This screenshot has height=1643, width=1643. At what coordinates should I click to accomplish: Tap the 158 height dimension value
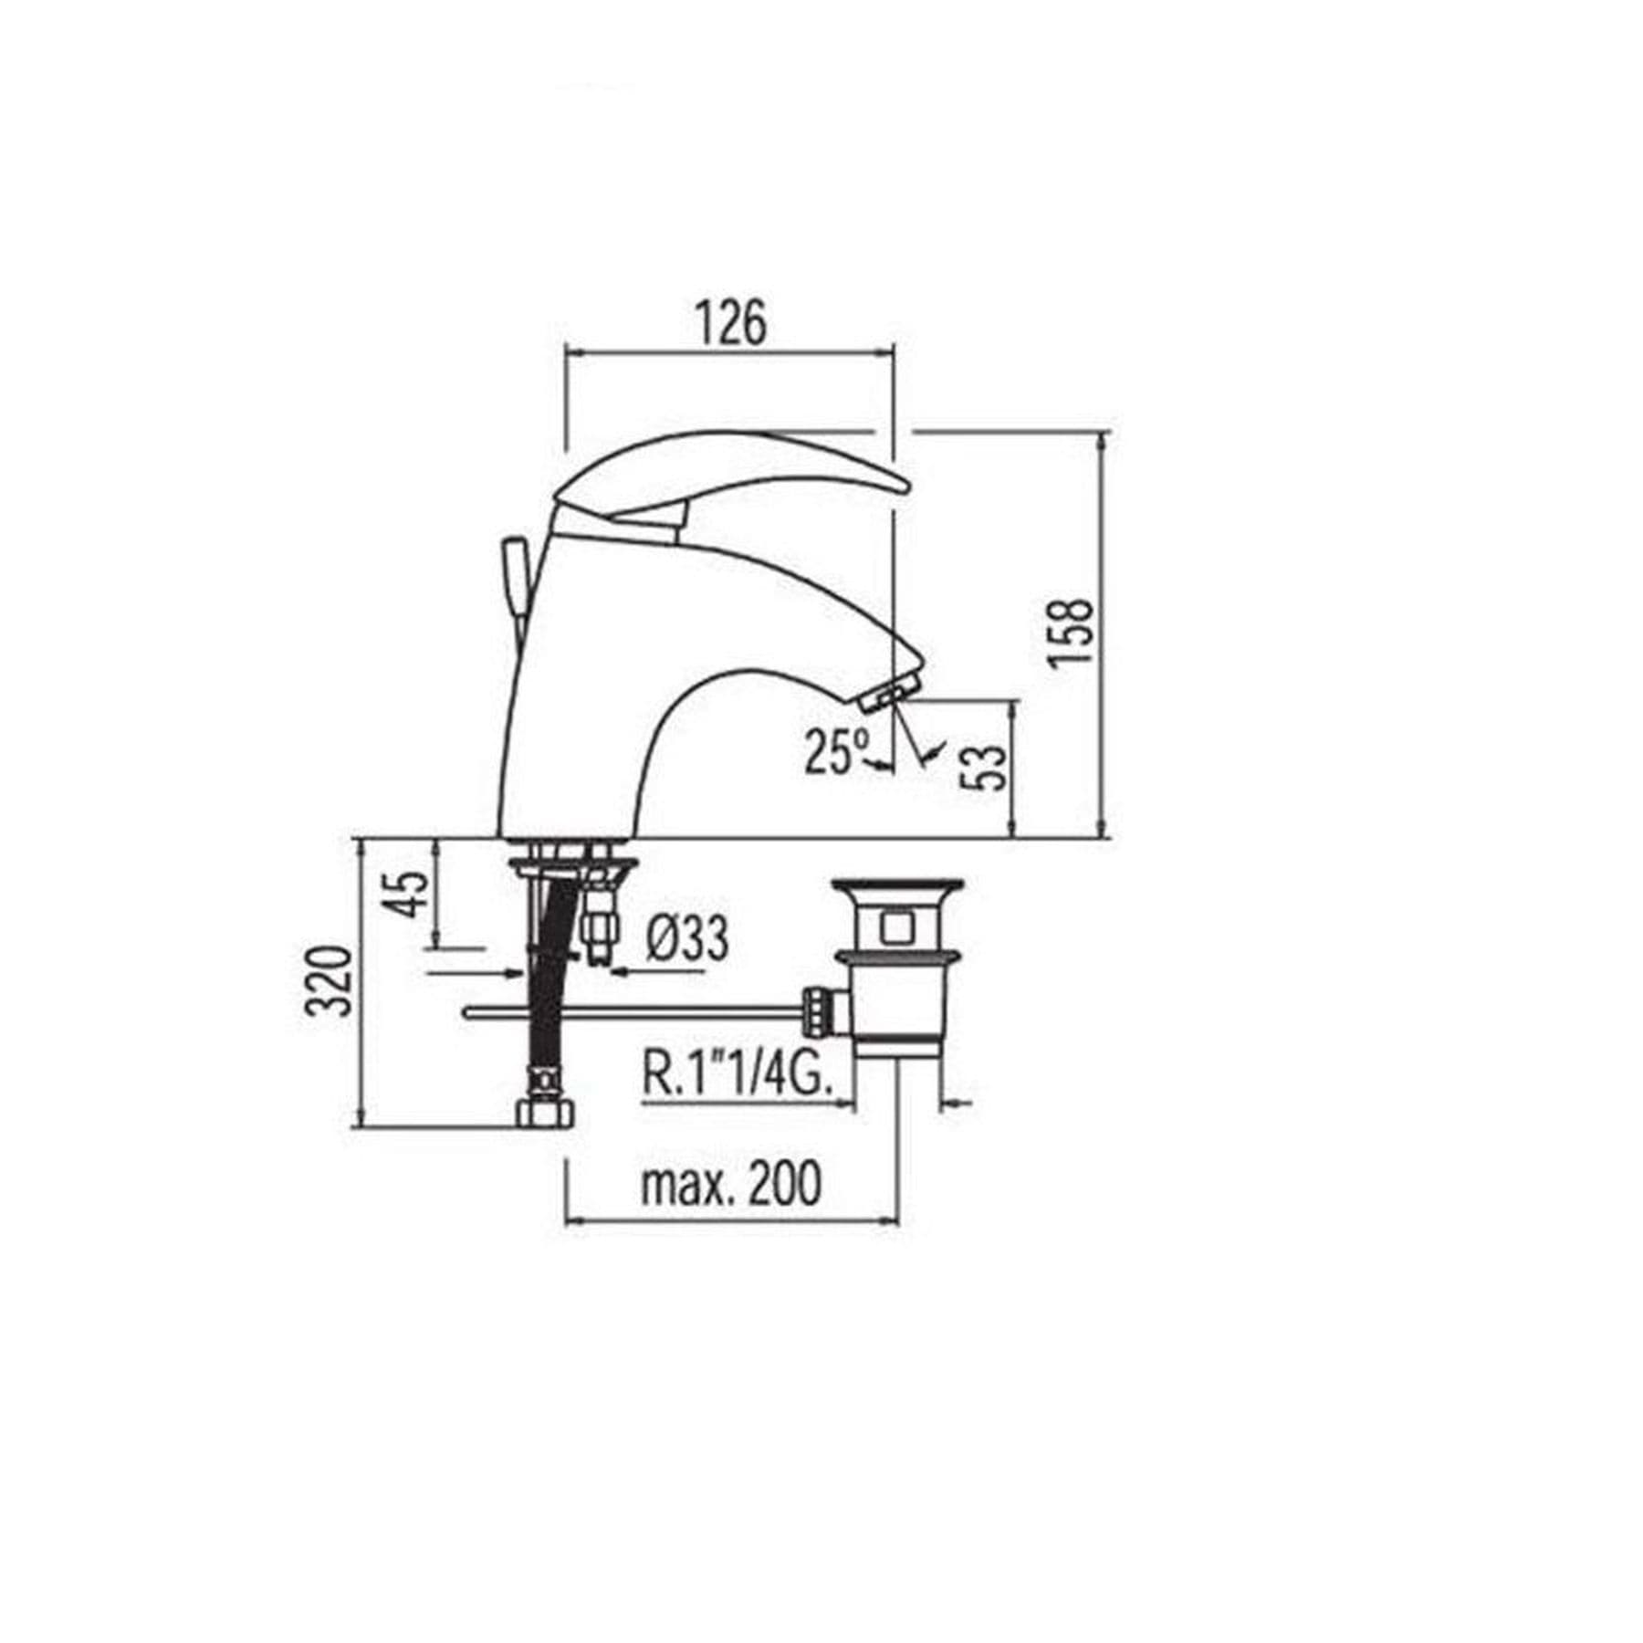pos(1071,633)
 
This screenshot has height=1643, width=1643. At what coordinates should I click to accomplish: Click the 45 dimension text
pos(403,893)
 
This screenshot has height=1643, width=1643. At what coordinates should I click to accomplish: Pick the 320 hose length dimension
pos(329,981)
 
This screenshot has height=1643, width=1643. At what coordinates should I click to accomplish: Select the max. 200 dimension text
pos(731,1184)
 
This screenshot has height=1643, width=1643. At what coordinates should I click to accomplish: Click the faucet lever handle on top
pos(730,470)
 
